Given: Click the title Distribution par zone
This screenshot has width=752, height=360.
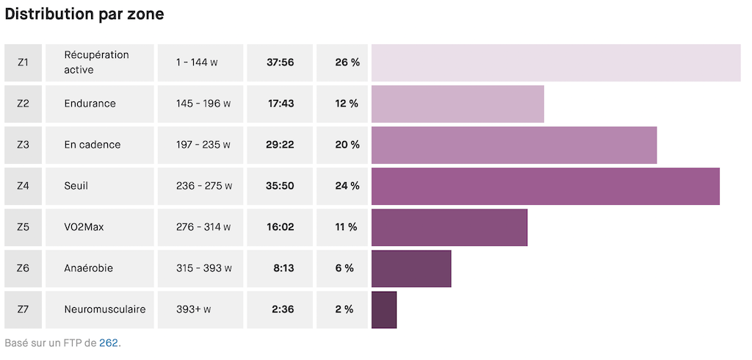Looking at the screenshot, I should (x=84, y=14).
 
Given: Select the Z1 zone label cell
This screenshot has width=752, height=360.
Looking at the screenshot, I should (x=23, y=62).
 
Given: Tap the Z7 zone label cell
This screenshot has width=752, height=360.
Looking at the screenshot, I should (x=23, y=309).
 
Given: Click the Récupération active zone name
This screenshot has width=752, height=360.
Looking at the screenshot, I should (x=96, y=62).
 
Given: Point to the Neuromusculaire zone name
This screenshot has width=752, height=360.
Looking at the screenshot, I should (x=104, y=309).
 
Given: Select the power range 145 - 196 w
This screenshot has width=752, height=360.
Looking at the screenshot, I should (x=203, y=104).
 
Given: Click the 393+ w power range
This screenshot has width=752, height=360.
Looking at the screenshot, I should (x=194, y=309).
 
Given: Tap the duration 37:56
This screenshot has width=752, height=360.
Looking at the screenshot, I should (x=280, y=62).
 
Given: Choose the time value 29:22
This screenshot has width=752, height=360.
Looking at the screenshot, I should (x=280, y=145).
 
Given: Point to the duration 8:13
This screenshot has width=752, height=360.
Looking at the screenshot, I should (x=283, y=268).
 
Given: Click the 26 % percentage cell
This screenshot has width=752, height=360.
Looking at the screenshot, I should (x=347, y=62).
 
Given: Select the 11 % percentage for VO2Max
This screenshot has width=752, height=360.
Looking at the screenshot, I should (x=346, y=227).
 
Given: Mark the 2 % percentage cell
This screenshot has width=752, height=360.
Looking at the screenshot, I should (x=344, y=309).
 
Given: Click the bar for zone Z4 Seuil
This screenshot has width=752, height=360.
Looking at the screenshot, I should (x=545, y=186).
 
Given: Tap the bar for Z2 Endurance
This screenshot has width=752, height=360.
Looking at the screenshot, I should (x=458, y=104).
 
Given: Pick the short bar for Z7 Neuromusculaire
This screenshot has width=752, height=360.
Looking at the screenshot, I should (x=384, y=309).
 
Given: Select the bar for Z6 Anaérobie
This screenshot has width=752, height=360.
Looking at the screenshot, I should (x=411, y=268).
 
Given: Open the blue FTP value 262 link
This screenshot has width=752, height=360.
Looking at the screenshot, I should (x=109, y=342).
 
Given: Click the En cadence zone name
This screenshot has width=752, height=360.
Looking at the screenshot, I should (x=92, y=145).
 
